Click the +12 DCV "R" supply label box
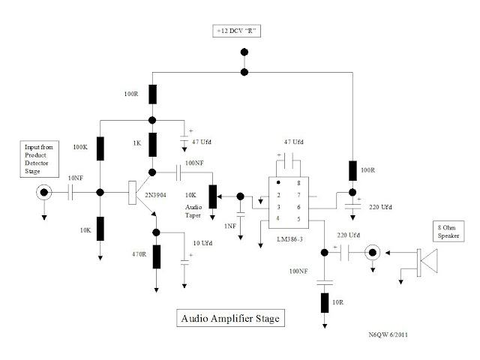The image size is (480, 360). [x=237, y=31]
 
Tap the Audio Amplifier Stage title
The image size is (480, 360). [x=230, y=318]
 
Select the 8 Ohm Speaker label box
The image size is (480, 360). [x=448, y=232]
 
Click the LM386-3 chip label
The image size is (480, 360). [x=289, y=239]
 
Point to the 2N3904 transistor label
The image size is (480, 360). [x=155, y=195]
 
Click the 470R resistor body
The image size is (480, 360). [x=157, y=256]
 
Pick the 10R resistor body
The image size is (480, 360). [x=325, y=303]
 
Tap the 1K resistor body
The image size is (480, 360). [x=152, y=145]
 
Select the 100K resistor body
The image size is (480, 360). [x=100, y=148]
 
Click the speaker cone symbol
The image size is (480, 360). [x=427, y=261]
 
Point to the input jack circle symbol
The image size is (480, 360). [x=44, y=192]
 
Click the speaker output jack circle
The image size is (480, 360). [x=373, y=253]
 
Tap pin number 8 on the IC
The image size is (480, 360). [x=298, y=183]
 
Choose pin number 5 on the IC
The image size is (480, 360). [x=298, y=219]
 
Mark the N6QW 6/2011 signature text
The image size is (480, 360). [x=388, y=334]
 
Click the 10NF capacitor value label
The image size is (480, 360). [x=75, y=178]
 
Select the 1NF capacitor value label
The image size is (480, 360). [x=230, y=226]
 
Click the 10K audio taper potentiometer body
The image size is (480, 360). [x=213, y=196]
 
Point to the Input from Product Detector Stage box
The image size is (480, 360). [x=40, y=159]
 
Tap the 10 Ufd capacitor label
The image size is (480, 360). [x=202, y=243]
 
